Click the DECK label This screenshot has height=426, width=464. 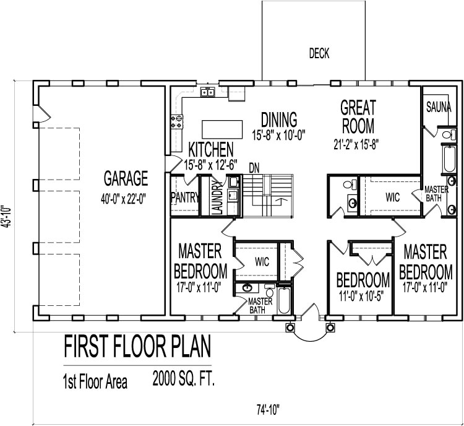coord(319,54)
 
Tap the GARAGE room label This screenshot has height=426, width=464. coord(126,179)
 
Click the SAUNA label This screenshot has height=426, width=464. coord(439,107)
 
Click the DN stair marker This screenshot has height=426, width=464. coord(254,168)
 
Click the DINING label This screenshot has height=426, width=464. coord(279,118)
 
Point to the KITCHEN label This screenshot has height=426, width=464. coord(211,149)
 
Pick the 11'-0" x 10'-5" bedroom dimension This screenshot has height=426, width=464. coord(363,295)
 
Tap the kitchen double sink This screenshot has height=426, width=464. coord(207,93)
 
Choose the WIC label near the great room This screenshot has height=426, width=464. coord(393,197)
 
